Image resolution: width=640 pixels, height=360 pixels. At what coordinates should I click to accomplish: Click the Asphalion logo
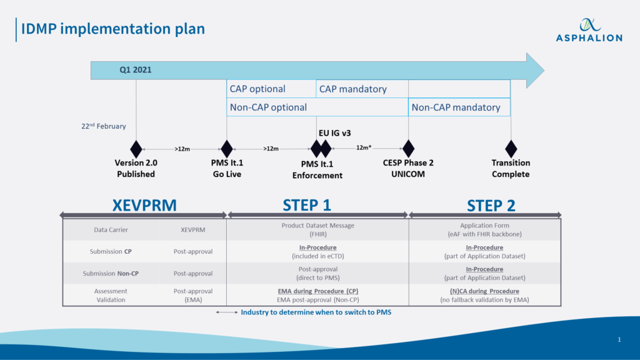click(x=589, y=29)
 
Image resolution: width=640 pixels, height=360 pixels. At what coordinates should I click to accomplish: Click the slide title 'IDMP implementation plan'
click(x=113, y=29)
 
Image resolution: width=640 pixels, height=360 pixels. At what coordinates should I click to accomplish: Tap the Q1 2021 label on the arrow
click(x=136, y=70)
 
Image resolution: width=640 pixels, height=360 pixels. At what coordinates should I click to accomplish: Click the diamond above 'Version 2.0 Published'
click(x=136, y=149)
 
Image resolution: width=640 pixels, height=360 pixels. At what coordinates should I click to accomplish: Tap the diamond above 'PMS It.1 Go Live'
click(x=227, y=149)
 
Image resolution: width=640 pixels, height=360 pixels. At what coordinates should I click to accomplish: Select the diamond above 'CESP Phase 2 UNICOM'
click(x=408, y=149)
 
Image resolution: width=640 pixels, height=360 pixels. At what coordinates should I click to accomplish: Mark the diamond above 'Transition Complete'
click(x=511, y=149)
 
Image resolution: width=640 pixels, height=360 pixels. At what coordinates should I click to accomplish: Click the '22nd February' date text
click(x=103, y=126)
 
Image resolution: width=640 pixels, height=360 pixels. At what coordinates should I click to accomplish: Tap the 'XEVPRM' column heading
click(x=144, y=205)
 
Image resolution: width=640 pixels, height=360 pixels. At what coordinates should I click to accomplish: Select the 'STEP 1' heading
click(x=307, y=205)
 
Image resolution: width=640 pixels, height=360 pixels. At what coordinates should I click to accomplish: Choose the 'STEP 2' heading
click(x=491, y=205)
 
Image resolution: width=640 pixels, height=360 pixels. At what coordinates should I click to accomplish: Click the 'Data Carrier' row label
click(x=111, y=230)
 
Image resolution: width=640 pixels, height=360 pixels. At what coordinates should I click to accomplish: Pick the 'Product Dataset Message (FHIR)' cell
click(x=317, y=230)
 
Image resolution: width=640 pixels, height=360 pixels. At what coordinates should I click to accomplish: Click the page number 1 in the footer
click(x=619, y=339)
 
